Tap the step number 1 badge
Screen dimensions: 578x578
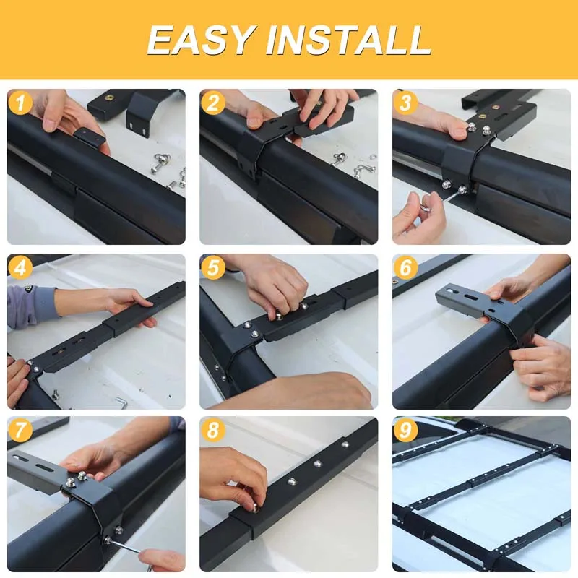20,103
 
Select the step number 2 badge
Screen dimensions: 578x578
212,103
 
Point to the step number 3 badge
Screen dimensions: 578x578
405,103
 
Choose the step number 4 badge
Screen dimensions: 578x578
20,267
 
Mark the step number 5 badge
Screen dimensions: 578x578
212,267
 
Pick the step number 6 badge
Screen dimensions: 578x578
405,267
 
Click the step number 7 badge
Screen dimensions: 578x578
20,431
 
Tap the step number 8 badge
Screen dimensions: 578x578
212,431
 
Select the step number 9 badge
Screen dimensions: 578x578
405,431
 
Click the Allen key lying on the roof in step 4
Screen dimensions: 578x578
119,402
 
